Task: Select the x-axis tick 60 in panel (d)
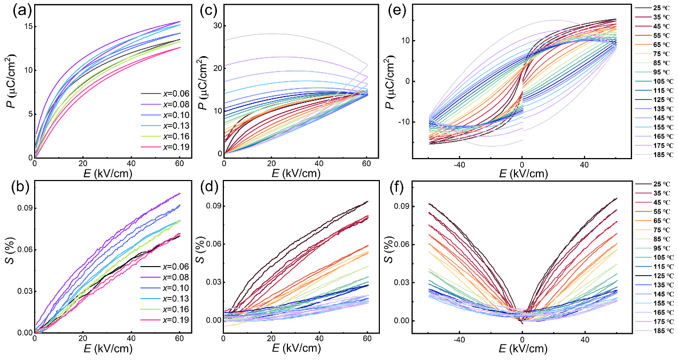pyautogui.click(x=368, y=339)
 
